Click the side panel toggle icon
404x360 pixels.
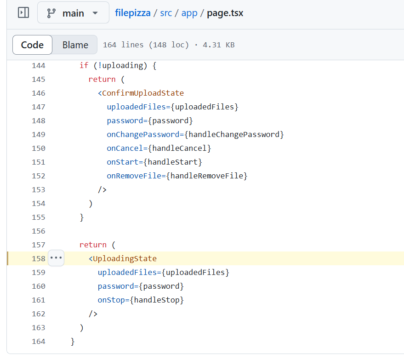(23, 13)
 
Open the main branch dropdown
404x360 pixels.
(73, 13)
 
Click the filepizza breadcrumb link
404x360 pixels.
(133, 13)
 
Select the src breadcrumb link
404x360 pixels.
(166, 13)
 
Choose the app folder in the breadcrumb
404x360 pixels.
(189, 13)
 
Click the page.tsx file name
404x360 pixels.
(225, 13)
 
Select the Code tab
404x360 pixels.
(32, 45)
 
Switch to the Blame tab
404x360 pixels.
(75, 45)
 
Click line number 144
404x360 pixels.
(39, 66)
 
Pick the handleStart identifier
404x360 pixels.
(175, 162)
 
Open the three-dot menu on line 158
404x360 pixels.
(56, 258)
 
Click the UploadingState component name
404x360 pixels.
(125, 259)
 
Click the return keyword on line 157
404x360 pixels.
(93, 245)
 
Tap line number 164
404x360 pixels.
(39, 342)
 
